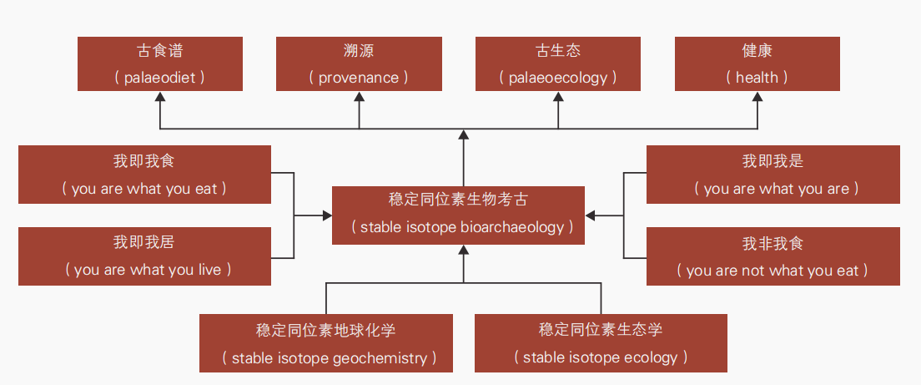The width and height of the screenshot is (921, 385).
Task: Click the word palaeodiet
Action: [160, 79]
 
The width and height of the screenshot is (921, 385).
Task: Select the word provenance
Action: [358, 79]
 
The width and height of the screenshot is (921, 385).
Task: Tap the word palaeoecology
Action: [557, 79]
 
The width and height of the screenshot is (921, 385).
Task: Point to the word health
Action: [757, 78]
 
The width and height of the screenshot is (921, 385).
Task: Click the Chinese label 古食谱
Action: [160, 51]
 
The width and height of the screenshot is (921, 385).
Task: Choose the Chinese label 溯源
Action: [358, 51]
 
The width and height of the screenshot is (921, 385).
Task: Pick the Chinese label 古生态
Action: [557, 51]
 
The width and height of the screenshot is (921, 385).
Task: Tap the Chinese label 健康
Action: [757, 51]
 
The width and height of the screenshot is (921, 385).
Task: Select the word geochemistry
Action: [380, 358]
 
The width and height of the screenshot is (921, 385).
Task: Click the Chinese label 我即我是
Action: [773, 161]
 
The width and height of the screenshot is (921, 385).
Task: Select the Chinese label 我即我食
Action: [143, 161]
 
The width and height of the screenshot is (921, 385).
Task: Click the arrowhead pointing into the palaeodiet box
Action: [160, 96]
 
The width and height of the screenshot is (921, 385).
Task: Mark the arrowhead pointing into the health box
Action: [757, 96]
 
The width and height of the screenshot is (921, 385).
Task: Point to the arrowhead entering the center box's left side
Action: [327, 215]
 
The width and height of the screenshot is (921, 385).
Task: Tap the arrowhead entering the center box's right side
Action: [591, 215]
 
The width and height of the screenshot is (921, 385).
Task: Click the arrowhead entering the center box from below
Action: [464, 250]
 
